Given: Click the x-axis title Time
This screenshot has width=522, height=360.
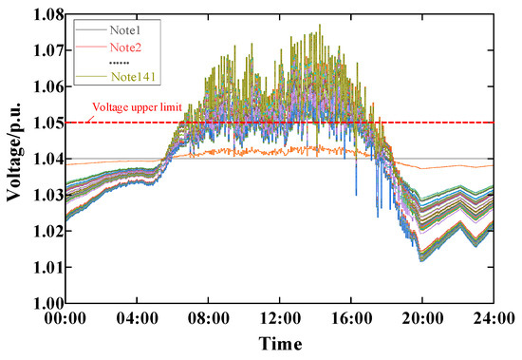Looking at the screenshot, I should click(x=281, y=343).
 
